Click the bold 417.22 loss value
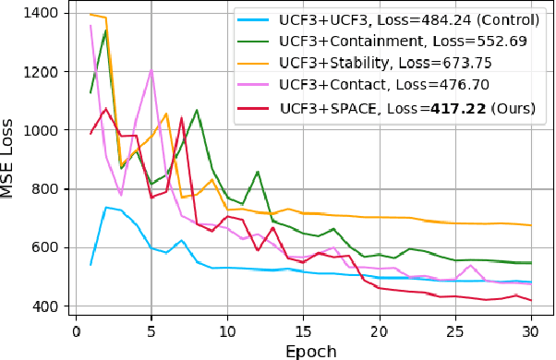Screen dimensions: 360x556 point(450,108)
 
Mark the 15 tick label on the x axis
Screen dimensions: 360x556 point(303,330)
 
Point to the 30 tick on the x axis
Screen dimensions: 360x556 point(530,330)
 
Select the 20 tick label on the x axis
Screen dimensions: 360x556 point(379,330)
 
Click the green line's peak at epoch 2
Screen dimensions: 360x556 point(105,31)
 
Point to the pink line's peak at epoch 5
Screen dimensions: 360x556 point(151,70)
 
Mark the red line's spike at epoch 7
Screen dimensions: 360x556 point(181,118)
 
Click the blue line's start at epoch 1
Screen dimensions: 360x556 point(91,265)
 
